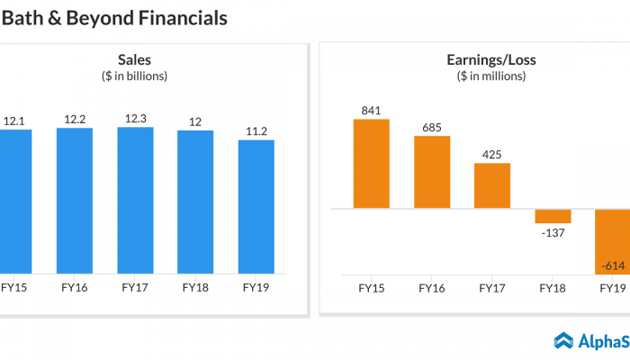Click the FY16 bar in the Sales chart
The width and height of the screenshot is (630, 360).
[74, 200]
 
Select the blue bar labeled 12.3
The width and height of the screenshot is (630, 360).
[135, 200]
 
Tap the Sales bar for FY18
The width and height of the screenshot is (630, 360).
[195, 202]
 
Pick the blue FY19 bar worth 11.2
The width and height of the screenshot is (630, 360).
[256, 206]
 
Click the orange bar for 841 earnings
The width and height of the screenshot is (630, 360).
[371, 164]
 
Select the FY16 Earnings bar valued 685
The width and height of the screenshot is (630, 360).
[432, 172]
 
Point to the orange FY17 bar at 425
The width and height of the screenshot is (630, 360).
[492, 185]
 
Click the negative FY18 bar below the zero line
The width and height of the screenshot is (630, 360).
[553, 216]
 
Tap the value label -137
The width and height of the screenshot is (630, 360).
[553, 234]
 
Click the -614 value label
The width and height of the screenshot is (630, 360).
[614, 265]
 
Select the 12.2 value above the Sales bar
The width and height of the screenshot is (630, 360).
[74, 119]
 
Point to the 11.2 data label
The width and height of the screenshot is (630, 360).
[256, 130]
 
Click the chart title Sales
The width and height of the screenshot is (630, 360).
[135, 60]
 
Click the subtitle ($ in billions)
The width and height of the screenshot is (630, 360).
[135, 76]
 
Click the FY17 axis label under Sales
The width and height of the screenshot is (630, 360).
[135, 288]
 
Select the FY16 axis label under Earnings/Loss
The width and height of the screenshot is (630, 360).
[432, 288]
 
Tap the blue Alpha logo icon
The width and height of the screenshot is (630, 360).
[563, 340]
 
